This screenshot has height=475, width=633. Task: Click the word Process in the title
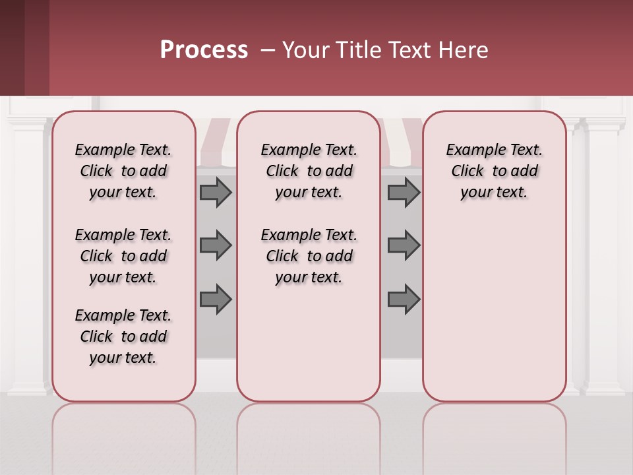coord(204,50)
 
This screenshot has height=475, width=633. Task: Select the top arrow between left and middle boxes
coord(216,193)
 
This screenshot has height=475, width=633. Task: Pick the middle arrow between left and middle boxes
coord(216,245)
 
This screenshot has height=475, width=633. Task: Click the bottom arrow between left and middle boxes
coord(216,299)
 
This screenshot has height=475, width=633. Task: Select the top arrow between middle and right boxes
coord(404,193)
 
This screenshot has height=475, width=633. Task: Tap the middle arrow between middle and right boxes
coord(404,245)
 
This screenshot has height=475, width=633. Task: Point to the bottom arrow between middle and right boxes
coord(404,299)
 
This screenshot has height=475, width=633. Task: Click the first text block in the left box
coord(123,172)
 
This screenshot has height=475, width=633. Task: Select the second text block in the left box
coord(123,256)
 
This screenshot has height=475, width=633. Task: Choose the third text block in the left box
coord(123,336)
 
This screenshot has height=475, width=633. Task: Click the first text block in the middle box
coord(309,172)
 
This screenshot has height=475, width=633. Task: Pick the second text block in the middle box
coord(309,256)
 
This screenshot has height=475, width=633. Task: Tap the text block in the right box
coord(494,172)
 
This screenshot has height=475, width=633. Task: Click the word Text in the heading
coord(408,50)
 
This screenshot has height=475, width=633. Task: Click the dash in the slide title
coord(267,50)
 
